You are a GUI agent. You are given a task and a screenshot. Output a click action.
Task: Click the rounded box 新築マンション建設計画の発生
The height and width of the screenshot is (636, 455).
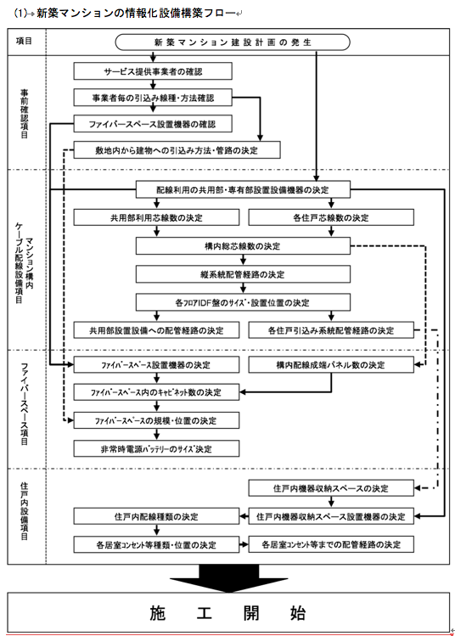click(233, 42)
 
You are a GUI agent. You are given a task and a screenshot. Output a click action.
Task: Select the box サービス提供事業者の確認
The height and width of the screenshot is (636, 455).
click(153, 71)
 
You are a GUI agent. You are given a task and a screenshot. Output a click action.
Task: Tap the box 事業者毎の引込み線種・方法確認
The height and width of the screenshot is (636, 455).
click(153, 98)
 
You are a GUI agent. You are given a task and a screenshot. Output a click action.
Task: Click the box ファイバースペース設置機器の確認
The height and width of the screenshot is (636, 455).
click(153, 124)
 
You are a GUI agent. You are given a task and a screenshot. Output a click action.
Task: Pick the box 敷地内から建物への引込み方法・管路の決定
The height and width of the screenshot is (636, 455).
click(177, 150)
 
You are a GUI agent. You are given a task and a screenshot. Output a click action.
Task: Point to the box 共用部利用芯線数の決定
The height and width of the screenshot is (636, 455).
click(156, 217)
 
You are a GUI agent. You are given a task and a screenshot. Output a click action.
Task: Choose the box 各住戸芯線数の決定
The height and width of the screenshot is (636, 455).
click(331, 217)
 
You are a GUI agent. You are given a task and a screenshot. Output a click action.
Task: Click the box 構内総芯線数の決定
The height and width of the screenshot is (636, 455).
click(243, 245)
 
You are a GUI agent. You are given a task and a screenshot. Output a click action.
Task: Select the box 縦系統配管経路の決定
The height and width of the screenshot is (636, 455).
click(243, 274)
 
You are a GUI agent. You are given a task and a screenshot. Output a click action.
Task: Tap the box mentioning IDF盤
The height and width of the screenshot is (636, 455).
click(243, 302)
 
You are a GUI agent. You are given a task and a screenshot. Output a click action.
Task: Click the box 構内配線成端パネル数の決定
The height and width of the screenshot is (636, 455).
click(331, 364)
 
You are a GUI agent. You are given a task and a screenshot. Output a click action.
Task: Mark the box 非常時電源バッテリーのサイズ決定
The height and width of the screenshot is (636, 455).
click(156, 448)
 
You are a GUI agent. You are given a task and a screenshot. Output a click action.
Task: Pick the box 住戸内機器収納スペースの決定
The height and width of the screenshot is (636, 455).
click(331, 488)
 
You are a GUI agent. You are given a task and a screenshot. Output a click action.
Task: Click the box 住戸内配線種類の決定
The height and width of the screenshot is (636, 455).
click(156, 516)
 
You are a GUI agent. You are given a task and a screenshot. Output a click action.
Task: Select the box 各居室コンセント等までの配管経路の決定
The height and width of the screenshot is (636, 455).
click(331, 544)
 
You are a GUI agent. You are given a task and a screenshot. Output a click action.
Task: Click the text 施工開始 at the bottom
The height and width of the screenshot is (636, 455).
click(227, 612)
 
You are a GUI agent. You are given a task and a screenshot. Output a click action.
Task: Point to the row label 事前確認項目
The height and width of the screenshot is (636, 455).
click(25, 114)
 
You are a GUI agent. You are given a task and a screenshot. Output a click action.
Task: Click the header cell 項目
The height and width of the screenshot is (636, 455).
click(24, 41)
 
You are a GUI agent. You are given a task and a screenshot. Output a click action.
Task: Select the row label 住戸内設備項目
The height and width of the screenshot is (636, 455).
click(25, 511)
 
